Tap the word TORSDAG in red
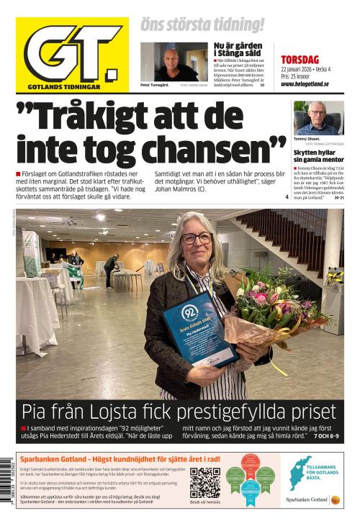click(x=300, y=60)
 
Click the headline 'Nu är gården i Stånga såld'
click(x=239, y=49)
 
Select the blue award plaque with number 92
click(x=200, y=332)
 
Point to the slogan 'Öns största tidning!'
click(x=202, y=25)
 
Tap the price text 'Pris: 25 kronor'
click(x=297, y=76)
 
